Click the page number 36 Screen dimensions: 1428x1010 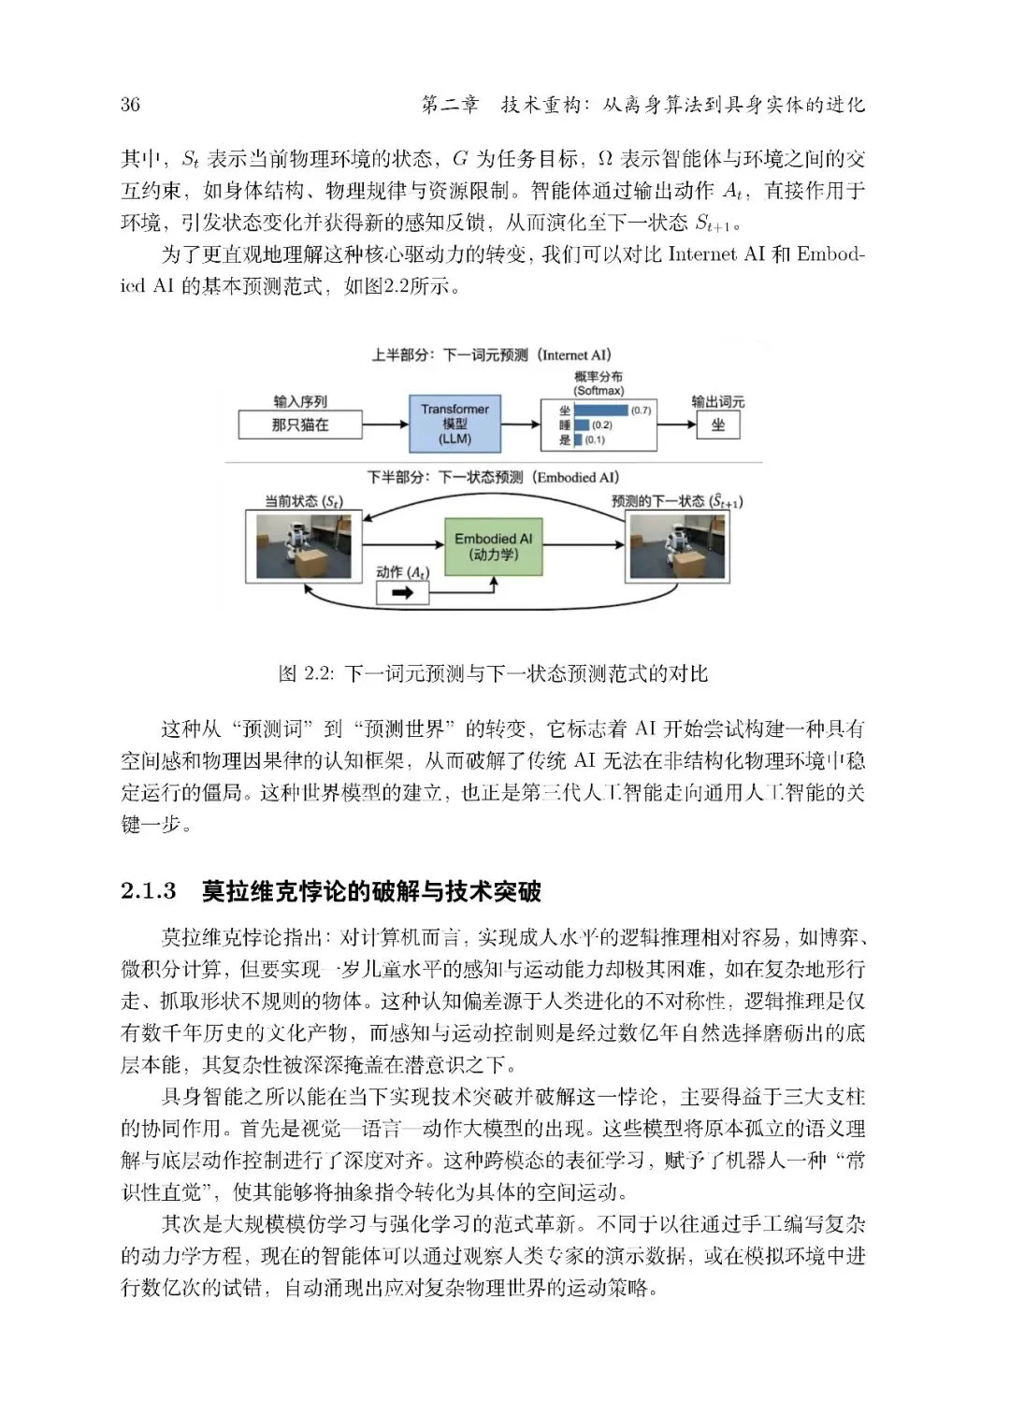coord(130,104)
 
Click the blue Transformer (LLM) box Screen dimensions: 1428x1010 coord(454,424)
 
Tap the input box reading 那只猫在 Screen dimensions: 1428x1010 coord(300,425)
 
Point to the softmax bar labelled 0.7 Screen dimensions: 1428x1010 coord(599,411)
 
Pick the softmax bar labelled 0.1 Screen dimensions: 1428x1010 coord(577,440)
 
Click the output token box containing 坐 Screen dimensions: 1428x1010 coord(717,425)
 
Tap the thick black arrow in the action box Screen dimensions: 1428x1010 coord(401,593)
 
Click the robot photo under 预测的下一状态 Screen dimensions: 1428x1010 coord(676,546)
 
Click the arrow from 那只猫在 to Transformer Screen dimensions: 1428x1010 coord(384,425)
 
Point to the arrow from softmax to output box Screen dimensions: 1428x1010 coord(676,425)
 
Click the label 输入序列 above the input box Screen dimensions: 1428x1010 coord(300,401)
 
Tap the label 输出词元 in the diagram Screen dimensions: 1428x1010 coord(717,401)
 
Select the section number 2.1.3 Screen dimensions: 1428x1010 coord(149,891)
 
